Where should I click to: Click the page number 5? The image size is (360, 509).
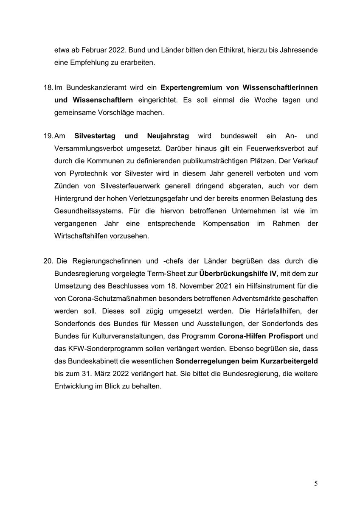(316, 483)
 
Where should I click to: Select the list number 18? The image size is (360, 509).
(48, 87)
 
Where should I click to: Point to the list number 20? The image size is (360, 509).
(48, 260)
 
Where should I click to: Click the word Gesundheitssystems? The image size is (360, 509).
(88, 211)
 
